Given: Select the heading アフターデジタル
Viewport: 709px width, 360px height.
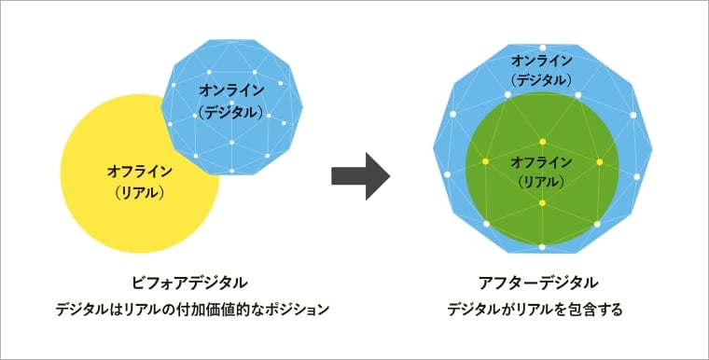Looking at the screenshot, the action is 541,281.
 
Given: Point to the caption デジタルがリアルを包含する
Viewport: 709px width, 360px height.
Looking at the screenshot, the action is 541,308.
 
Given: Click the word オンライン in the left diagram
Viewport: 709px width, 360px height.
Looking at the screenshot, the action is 230,90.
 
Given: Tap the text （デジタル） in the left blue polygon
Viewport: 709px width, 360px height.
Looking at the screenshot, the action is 230,111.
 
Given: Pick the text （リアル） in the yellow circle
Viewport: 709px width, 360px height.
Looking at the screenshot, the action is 138,193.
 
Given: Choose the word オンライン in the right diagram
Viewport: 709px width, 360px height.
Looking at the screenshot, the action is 542,61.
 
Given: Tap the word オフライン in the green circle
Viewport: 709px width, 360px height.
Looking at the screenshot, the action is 542,160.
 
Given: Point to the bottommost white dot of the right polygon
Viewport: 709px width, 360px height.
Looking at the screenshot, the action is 543,246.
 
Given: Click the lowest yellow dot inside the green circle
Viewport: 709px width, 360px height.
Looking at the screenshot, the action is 542,203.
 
